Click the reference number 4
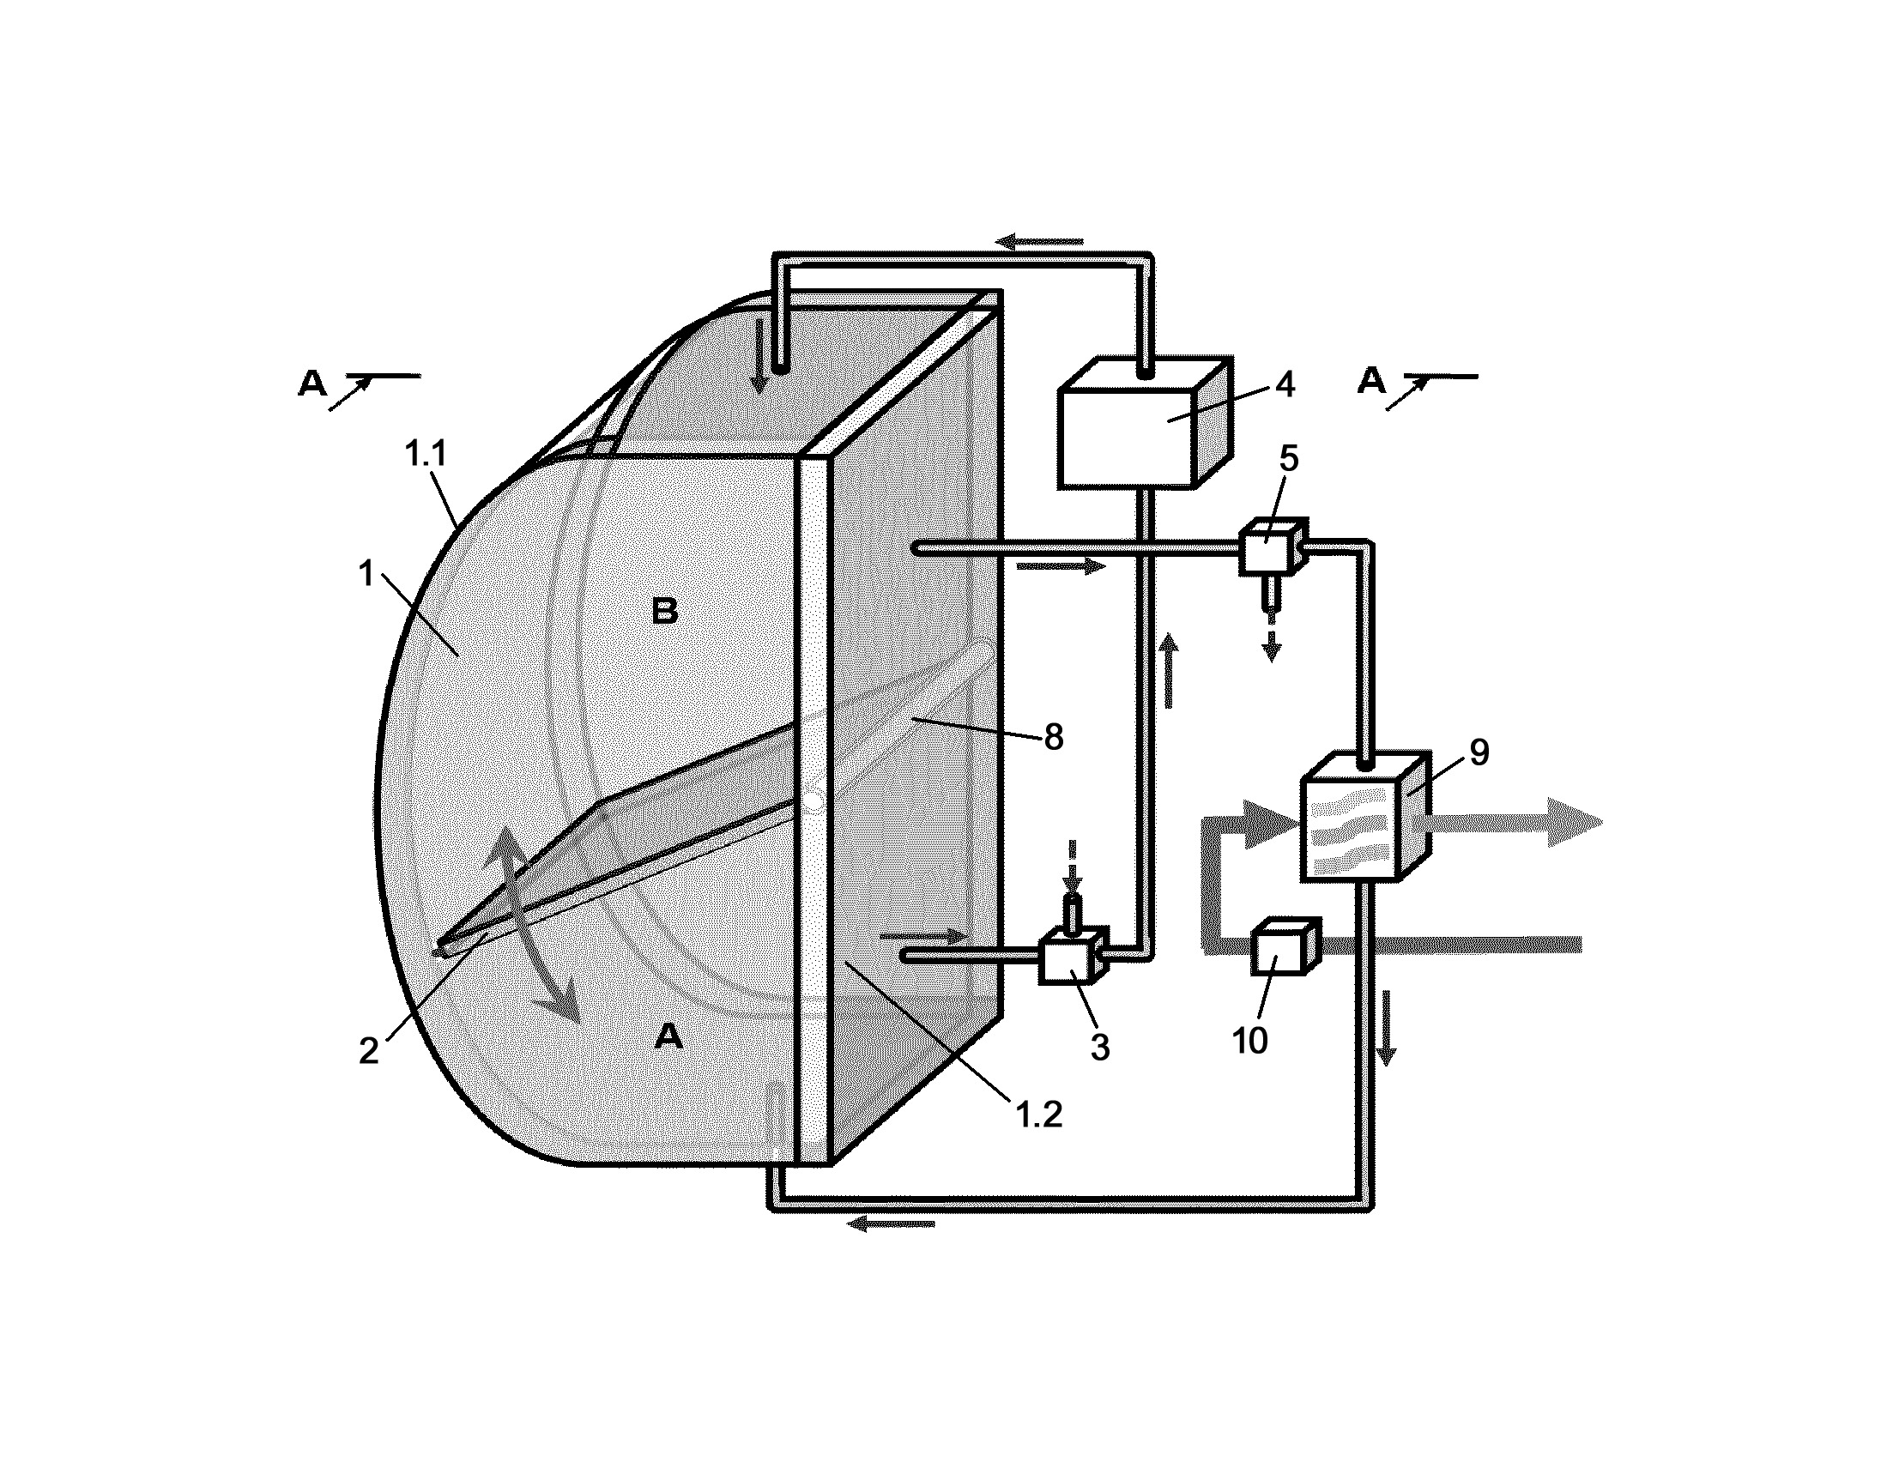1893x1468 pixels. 1285,384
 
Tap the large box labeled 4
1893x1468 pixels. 1145,422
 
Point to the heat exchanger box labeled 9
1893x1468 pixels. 1364,819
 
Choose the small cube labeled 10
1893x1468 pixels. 1285,946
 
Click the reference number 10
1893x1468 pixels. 1250,1041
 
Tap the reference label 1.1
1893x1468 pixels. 426,454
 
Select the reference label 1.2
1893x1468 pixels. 1038,1115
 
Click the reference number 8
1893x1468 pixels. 1053,738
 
